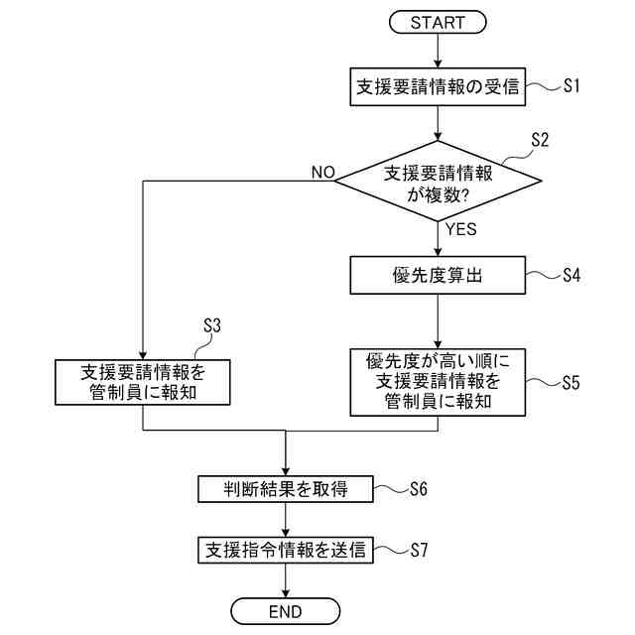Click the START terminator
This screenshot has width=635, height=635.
coord(438,21)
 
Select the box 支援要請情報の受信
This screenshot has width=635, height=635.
coord(438,87)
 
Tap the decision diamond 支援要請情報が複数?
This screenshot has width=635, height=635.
coord(438,180)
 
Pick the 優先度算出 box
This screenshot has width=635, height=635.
coord(438,276)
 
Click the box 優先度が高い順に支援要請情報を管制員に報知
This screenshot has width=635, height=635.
coord(438,381)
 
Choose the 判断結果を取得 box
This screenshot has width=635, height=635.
coord(285,489)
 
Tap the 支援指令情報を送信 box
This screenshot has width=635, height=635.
coord(285,550)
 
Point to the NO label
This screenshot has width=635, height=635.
coord(323,172)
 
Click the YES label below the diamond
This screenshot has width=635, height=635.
coord(460,229)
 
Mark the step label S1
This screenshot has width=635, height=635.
coord(571,86)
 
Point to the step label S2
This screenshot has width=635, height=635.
coord(539,140)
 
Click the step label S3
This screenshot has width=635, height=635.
coord(212,325)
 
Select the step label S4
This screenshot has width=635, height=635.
coord(571,276)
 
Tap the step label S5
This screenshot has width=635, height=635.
coord(571,382)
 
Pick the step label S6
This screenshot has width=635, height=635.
coord(418,489)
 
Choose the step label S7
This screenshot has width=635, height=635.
coord(418,550)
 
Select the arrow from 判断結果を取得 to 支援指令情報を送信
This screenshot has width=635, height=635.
coord(285,519)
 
